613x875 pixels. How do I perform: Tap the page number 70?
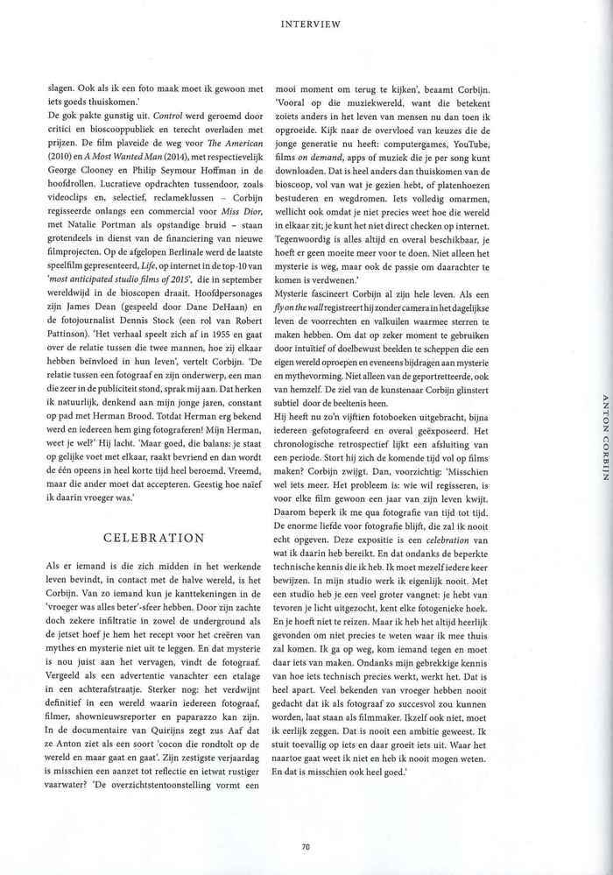click(x=306, y=846)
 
